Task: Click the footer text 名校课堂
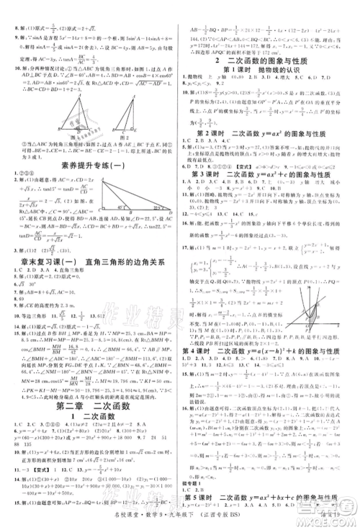203,517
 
